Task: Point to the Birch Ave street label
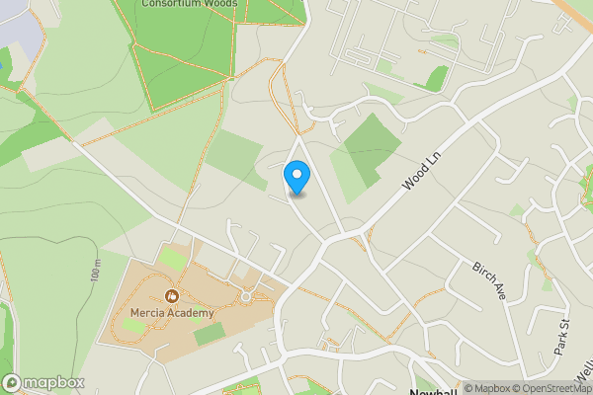pos(488,281)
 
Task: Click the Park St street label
pos(562,337)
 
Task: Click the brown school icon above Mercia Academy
pos(172,295)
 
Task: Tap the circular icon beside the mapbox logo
pos(12,382)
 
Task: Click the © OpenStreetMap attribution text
pos(551,388)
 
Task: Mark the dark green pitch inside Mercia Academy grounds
pos(208,335)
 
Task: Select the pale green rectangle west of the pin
pos(234,154)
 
